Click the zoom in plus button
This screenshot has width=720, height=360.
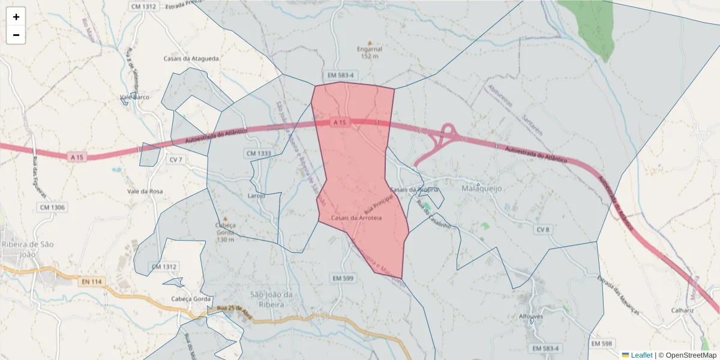pos(16,17)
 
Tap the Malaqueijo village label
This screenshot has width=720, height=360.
pos(481,188)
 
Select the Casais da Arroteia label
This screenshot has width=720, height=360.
pos(356,218)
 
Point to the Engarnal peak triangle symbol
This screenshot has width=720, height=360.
pos(370,43)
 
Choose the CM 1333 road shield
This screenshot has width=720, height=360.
pos(259,154)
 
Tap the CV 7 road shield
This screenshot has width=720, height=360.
pos(176,160)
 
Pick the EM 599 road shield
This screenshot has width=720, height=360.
pos(343,278)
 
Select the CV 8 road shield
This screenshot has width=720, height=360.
pos(543,230)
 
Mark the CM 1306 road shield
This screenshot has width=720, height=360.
pos(52,208)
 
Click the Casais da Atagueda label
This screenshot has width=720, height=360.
pos(191,59)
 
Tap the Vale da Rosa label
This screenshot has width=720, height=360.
pos(145,191)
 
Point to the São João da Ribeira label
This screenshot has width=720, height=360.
pos(271,298)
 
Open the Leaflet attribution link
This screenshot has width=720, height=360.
pos(641,355)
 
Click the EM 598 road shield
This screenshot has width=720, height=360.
pos(602,343)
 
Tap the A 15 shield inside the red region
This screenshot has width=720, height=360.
pos(340,122)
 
